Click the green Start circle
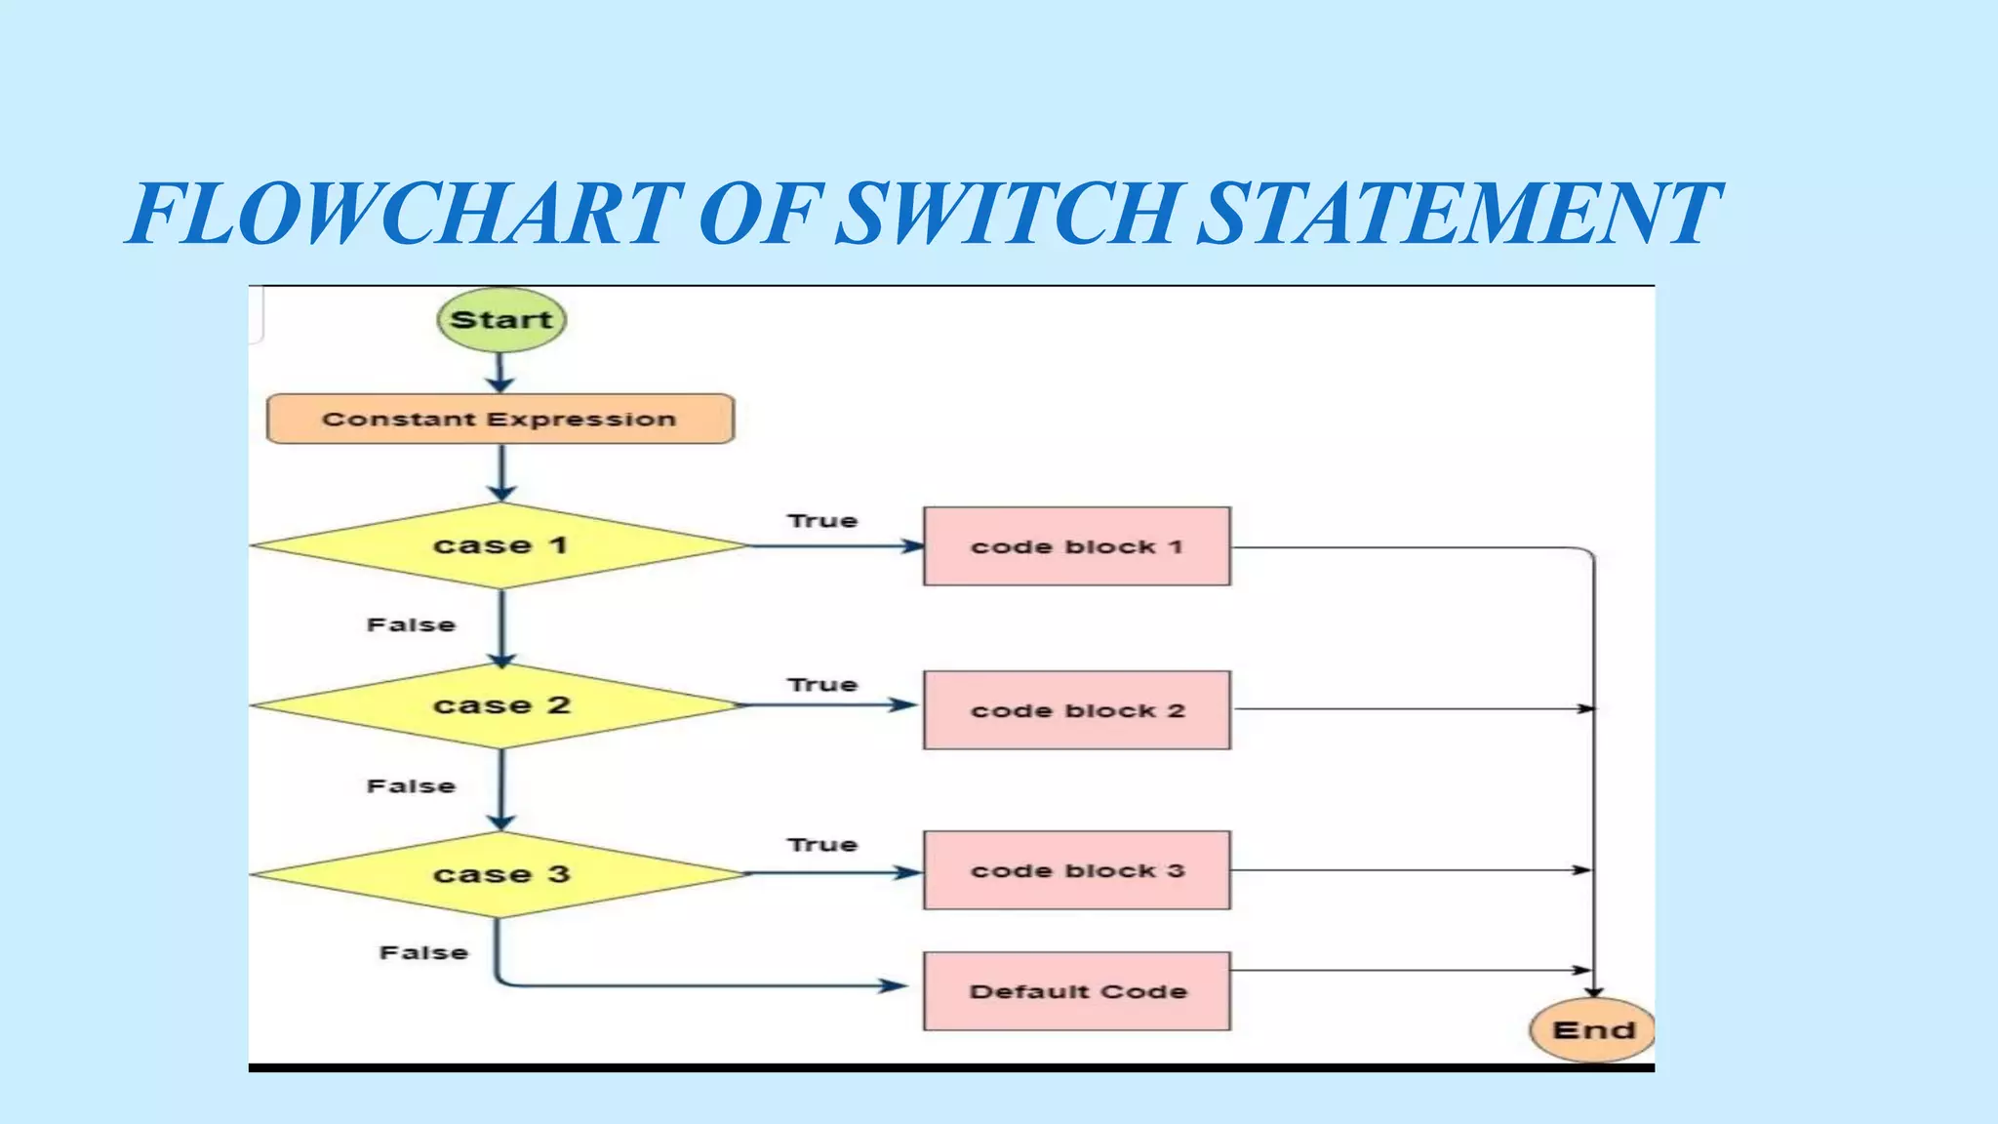[501, 320]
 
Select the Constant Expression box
[499, 420]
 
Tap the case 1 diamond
[499, 545]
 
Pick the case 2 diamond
[499, 705]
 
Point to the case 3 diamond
[499, 873]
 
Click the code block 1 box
[1076, 546]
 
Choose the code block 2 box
[1076, 710]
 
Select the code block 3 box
[1076, 870]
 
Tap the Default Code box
[1076, 991]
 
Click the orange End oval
[1592, 1029]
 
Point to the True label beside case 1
[822, 521]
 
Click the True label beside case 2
[822, 685]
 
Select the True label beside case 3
[822, 845]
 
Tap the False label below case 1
[411, 624]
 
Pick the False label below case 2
[411, 786]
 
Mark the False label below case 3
[423, 952]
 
